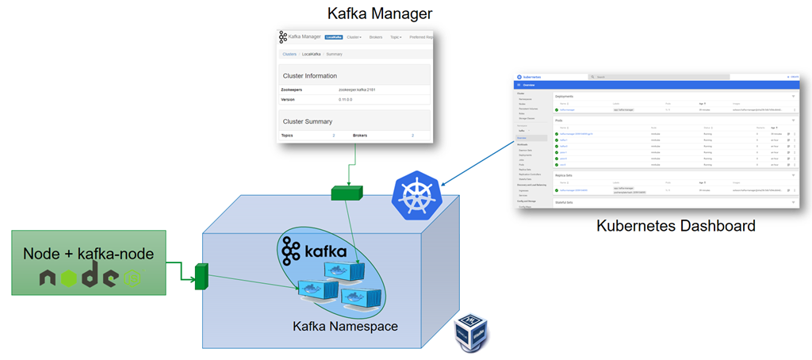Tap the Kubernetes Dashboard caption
pyautogui.click(x=676, y=227)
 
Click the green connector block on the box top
pyautogui.click(x=347, y=192)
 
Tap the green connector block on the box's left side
pyautogui.click(x=201, y=276)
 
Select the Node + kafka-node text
pyautogui.click(x=88, y=253)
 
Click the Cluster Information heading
pyautogui.click(x=310, y=75)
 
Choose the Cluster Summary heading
pyautogui.click(x=308, y=121)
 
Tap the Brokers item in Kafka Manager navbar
pyautogui.click(x=376, y=37)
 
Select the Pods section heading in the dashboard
pyautogui.click(x=560, y=120)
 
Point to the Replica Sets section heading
pyautogui.click(x=565, y=175)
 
